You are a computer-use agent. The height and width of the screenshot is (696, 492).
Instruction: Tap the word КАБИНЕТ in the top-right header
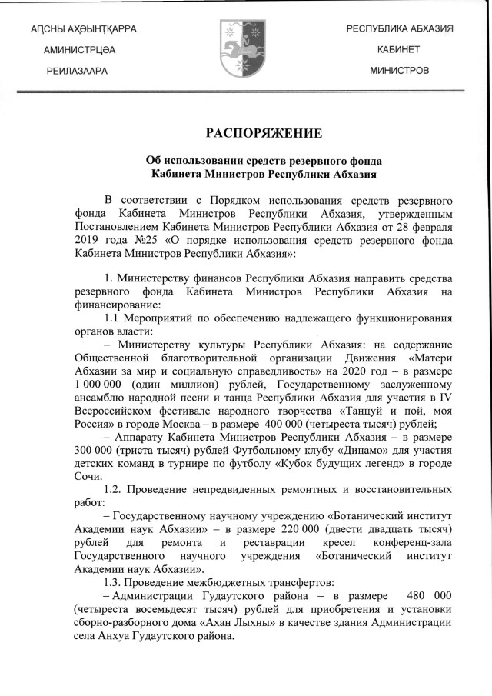click(x=398, y=49)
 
